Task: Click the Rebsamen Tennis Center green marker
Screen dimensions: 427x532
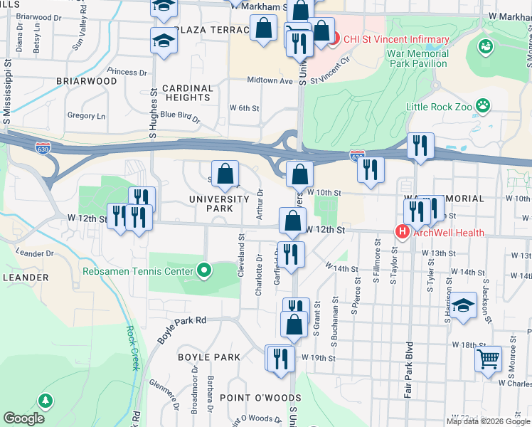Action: click(204, 270)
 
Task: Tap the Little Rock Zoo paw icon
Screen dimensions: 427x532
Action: click(484, 106)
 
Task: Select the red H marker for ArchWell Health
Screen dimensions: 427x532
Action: click(402, 232)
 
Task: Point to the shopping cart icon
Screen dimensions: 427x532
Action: click(489, 359)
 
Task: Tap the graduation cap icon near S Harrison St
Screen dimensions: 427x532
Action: click(464, 307)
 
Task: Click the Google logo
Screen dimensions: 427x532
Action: click(24, 418)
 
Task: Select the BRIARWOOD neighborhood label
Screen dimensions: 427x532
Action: click(87, 81)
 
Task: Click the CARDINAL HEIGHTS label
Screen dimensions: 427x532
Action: click(187, 93)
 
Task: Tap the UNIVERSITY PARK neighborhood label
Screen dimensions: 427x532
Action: click(218, 204)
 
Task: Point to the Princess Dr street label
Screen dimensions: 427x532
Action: click(127, 72)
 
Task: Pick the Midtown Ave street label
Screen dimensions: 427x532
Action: click(270, 81)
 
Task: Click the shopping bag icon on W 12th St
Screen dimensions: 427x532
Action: click(292, 221)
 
